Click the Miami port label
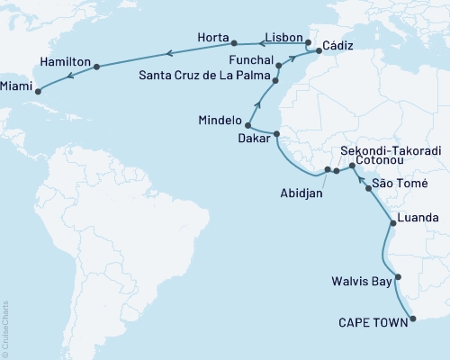pyautogui.click(x=19, y=87)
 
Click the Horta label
pyautogui.click(x=212, y=38)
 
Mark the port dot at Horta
pyautogui.click(x=234, y=42)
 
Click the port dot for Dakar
pyautogui.click(x=276, y=134)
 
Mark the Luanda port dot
pyautogui.click(x=391, y=221)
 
